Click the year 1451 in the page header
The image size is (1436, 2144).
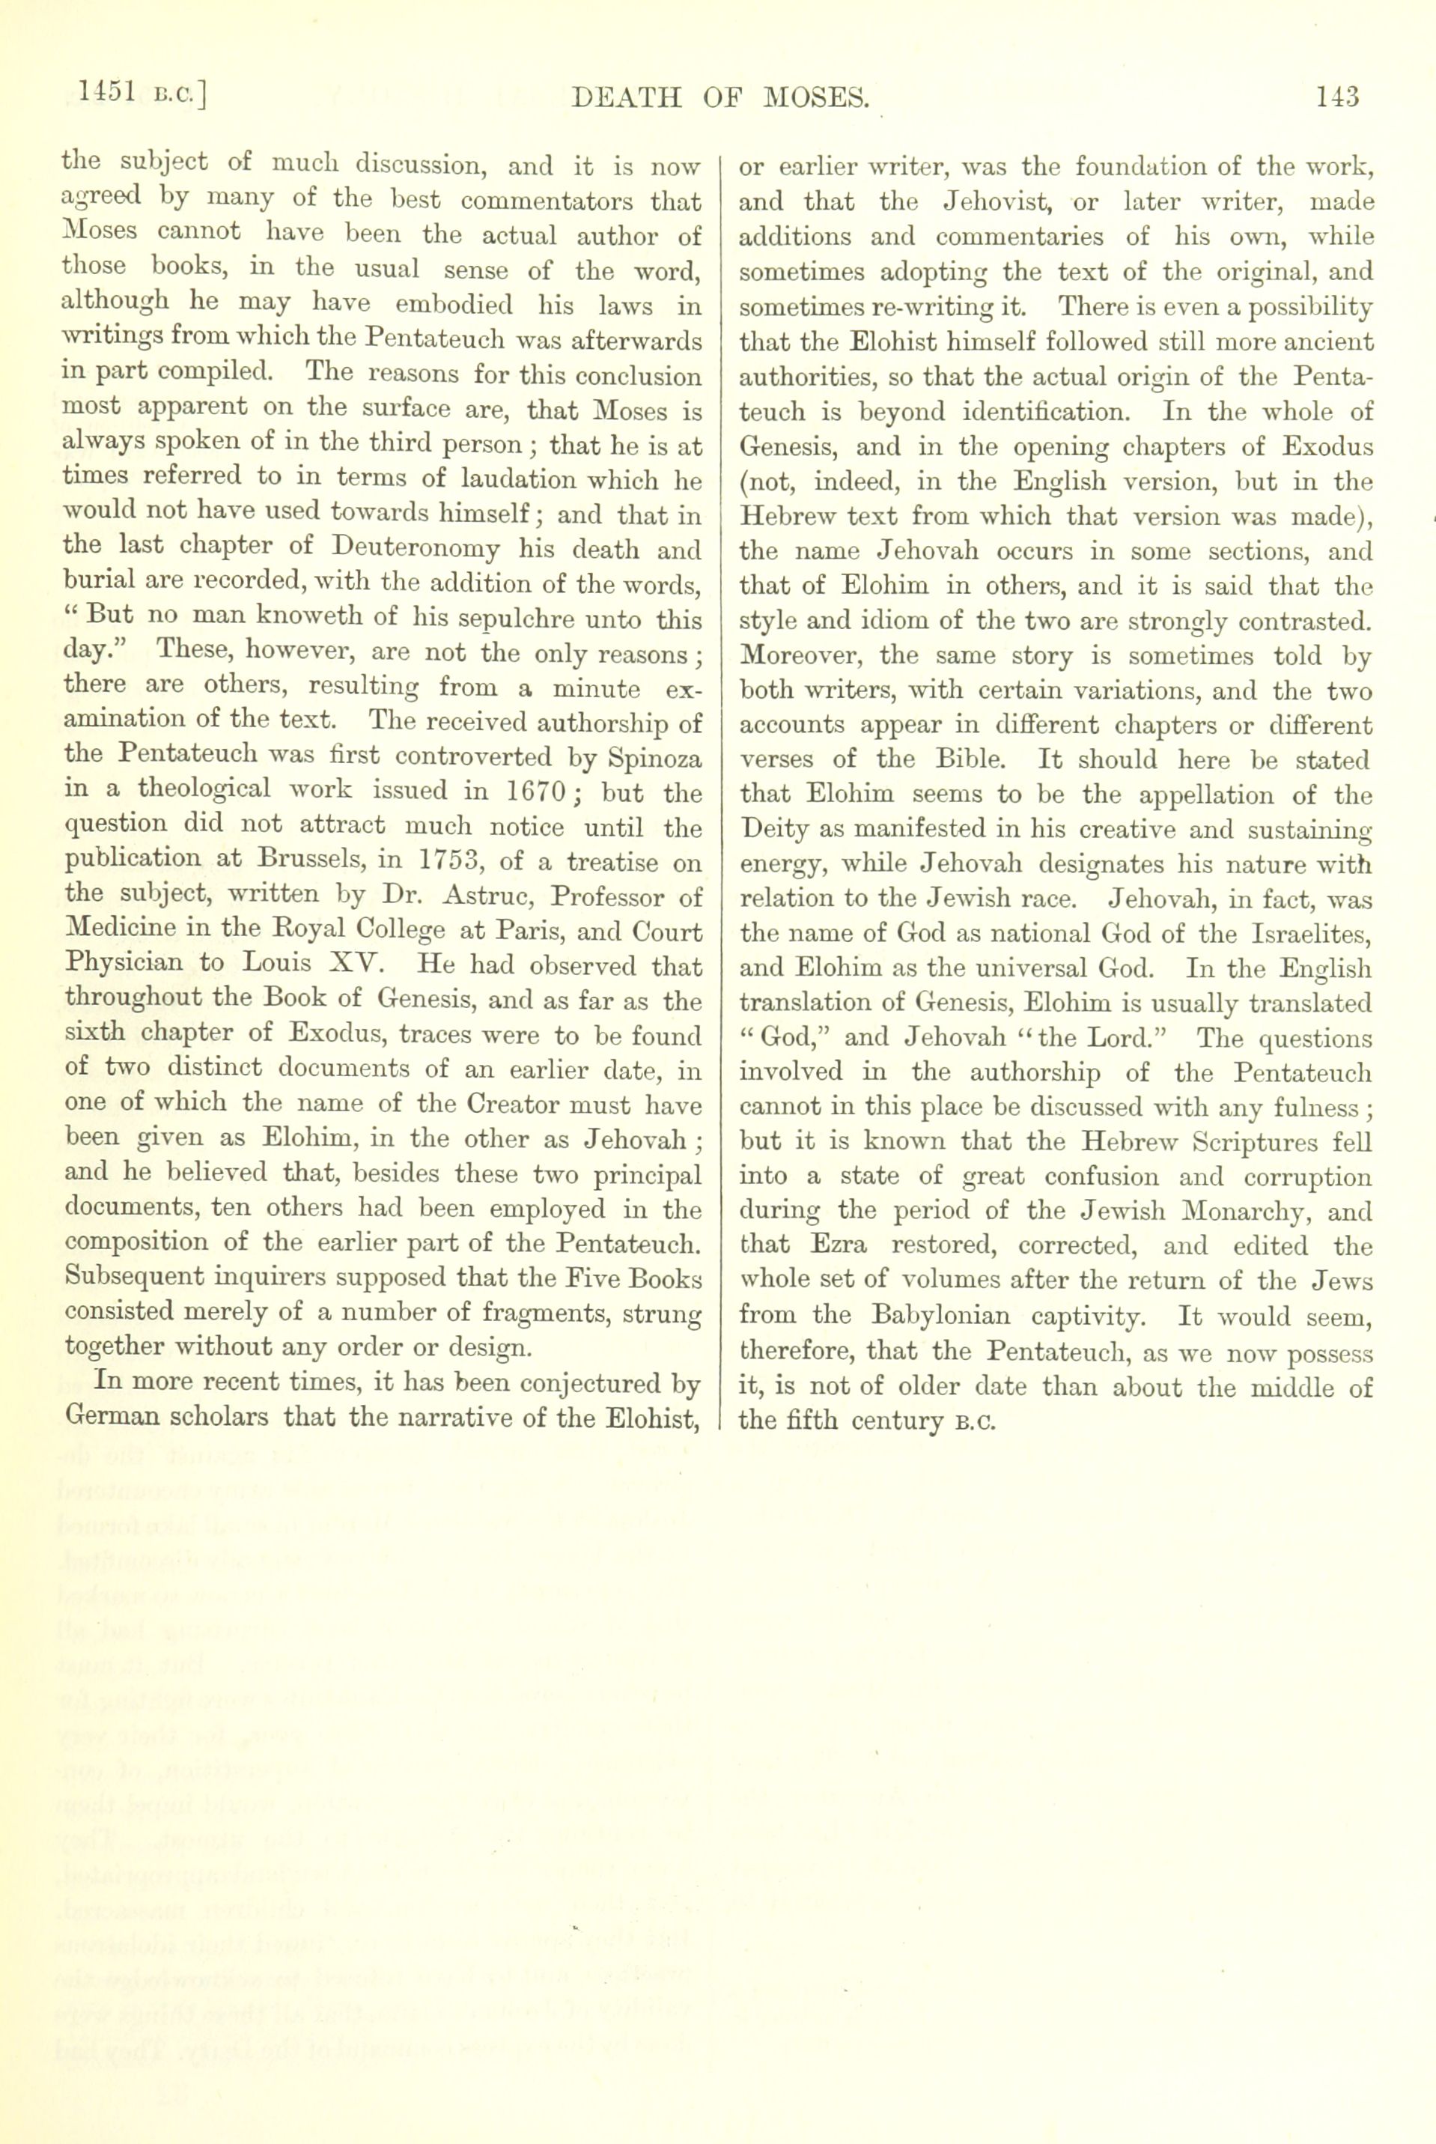(x=108, y=94)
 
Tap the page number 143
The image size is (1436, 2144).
(x=1338, y=95)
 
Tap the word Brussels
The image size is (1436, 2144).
(x=302, y=862)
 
